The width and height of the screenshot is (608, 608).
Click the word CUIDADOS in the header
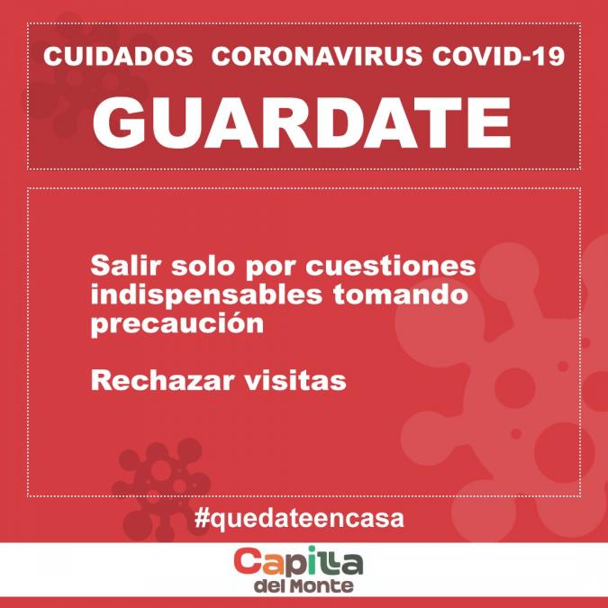tap(118, 56)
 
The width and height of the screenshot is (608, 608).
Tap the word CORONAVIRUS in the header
tap(317, 56)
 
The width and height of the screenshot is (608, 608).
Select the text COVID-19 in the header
tap(499, 56)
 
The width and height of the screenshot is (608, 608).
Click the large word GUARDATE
tap(302, 123)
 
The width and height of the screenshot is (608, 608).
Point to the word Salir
tap(125, 266)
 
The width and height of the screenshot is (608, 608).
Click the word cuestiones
tap(391, 267)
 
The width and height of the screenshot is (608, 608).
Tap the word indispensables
tap(206, 295)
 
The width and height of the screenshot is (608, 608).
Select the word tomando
tap(401, 295)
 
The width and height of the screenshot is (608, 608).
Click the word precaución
tap(177, 324)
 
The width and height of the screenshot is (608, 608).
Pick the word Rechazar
tap(162, 380)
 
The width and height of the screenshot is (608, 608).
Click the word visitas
tap(295, 380)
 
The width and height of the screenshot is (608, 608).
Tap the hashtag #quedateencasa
tap(299, 518)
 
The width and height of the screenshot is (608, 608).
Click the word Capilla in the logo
tap(298, 562)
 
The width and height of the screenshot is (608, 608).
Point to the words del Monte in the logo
tap(304, 585)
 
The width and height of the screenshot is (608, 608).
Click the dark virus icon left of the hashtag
tap(161, 488)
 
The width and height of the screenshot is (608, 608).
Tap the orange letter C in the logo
tap(249, 561)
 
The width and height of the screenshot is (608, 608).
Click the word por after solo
tap(270, 268)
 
